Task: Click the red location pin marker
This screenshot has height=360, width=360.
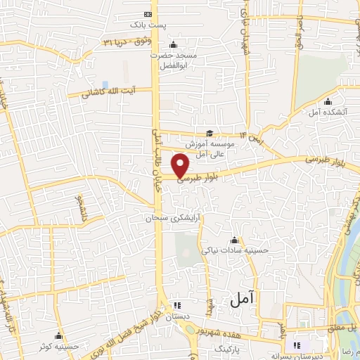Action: (x=181, y=166)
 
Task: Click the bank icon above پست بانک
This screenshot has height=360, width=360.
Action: (x=148, y=14)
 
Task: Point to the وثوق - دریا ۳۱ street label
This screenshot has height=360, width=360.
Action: (x=125, y=41)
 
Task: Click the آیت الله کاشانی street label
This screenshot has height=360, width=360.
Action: (x=107, y=92)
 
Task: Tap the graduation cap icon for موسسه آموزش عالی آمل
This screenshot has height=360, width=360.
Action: (x=209, y=133)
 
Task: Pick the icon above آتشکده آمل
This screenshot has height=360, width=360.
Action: (x=328, y=102)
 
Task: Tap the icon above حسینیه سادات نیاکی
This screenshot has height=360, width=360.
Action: (x=233, y=240)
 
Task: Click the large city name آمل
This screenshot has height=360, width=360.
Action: (x=240, y=300)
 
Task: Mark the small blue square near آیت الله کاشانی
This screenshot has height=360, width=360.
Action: (x=105, y=84)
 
